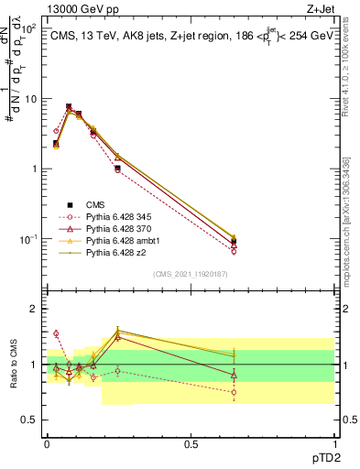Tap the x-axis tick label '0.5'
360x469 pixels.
coord(191,442)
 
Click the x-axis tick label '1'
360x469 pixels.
coord(334,442)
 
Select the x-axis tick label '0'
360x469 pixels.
coord(47,442)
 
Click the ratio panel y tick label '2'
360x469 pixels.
coord(35,309)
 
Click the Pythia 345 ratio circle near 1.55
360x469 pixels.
coord(56,333)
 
